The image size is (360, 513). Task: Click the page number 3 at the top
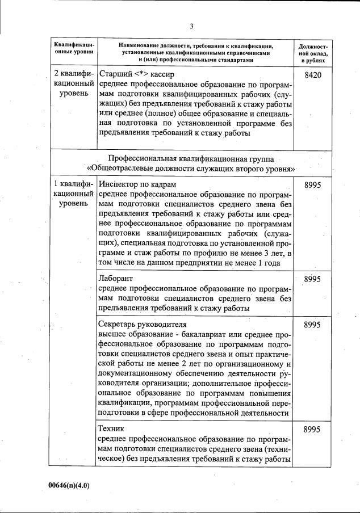tap(191, 26)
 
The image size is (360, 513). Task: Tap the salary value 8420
tap(312, 75)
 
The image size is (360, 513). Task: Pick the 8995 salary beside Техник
tap(312, 430)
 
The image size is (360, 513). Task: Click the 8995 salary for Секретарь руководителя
tap(312, 325)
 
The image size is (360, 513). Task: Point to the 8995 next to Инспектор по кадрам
tap(312, 185)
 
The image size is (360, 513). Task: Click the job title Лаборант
tap(115, 279)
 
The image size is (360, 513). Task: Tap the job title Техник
tap(111, 428)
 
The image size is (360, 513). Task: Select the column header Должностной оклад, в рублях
tap(312, 52)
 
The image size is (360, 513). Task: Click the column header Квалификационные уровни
tap(73, 49)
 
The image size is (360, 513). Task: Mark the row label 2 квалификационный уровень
tap(73, 83)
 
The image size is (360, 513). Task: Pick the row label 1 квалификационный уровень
tap(73, 194)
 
